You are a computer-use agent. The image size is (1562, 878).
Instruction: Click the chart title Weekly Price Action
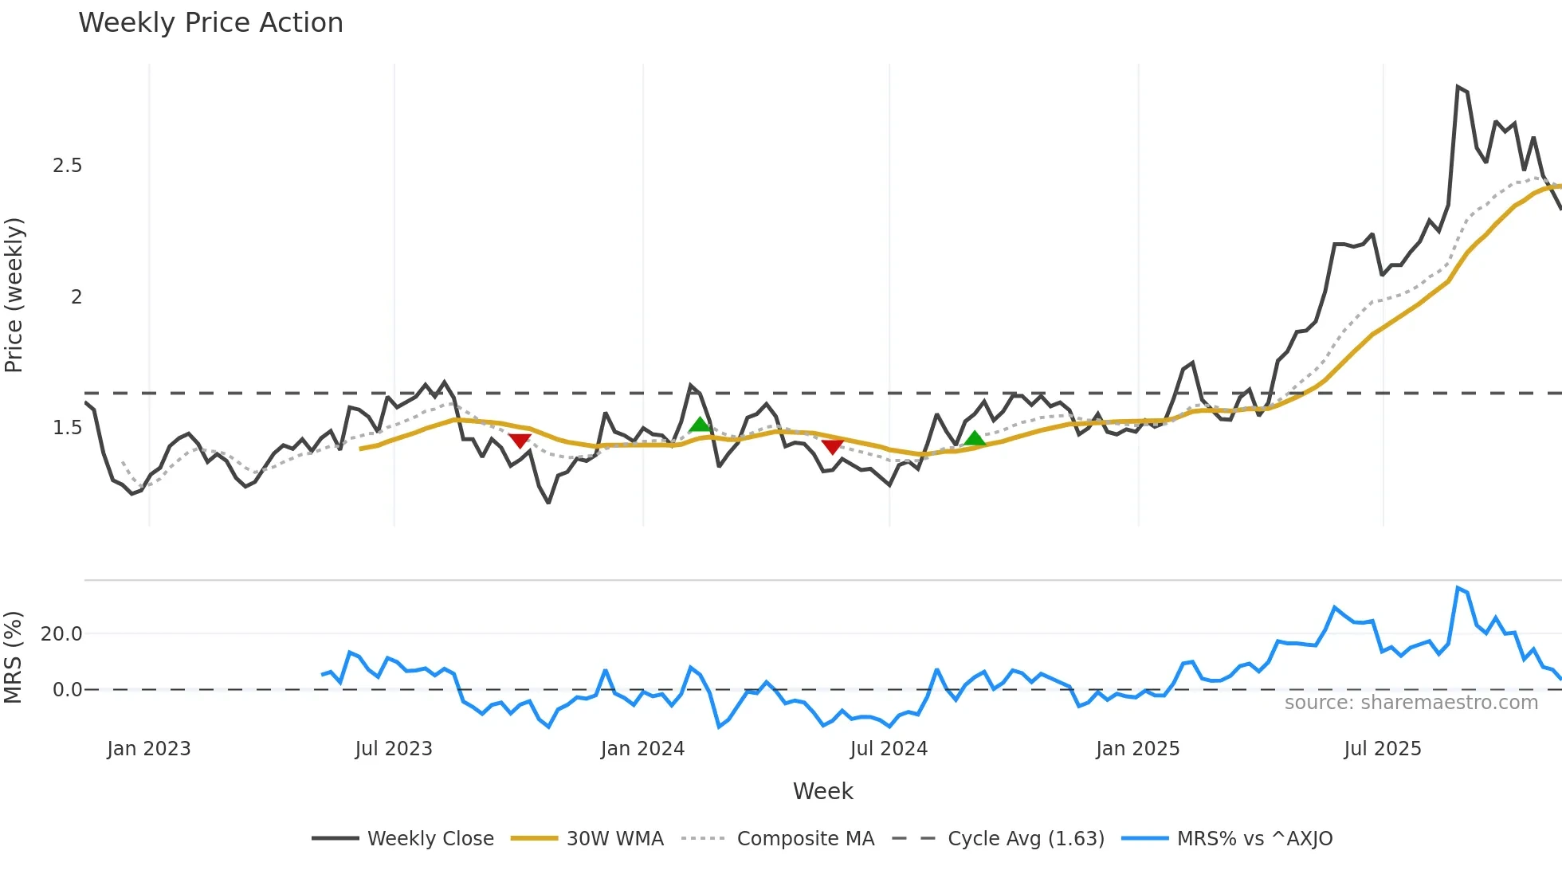(x=210, y=23)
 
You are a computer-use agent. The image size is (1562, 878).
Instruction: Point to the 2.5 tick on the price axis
(x=68, y=166)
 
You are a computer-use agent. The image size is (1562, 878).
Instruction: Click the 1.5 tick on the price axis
(x=68, y=428)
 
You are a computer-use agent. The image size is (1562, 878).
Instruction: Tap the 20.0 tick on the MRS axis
(x=62, y=634)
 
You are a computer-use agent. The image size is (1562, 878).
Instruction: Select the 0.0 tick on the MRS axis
(x=68, y=690)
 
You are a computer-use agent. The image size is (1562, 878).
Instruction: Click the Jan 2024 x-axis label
(x=642, y=749)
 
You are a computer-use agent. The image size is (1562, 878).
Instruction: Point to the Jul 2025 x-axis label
(x=1382, y=749)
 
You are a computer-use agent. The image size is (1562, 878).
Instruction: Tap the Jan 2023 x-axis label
(x=149, y=749)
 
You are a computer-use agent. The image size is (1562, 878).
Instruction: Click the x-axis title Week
(x=822, y=791)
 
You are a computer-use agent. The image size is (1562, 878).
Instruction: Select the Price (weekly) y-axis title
(x=14, y=295)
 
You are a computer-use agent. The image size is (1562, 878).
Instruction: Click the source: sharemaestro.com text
(x=1411, y=703)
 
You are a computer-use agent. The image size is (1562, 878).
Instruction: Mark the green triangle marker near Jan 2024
(x=700, y=425)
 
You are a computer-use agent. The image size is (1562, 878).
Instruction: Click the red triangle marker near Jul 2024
(x=833, y=447)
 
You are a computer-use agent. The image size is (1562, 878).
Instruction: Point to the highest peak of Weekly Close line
(x=1458, y=87)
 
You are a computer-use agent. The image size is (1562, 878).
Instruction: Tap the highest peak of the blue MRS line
(x=1458, y=588)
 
